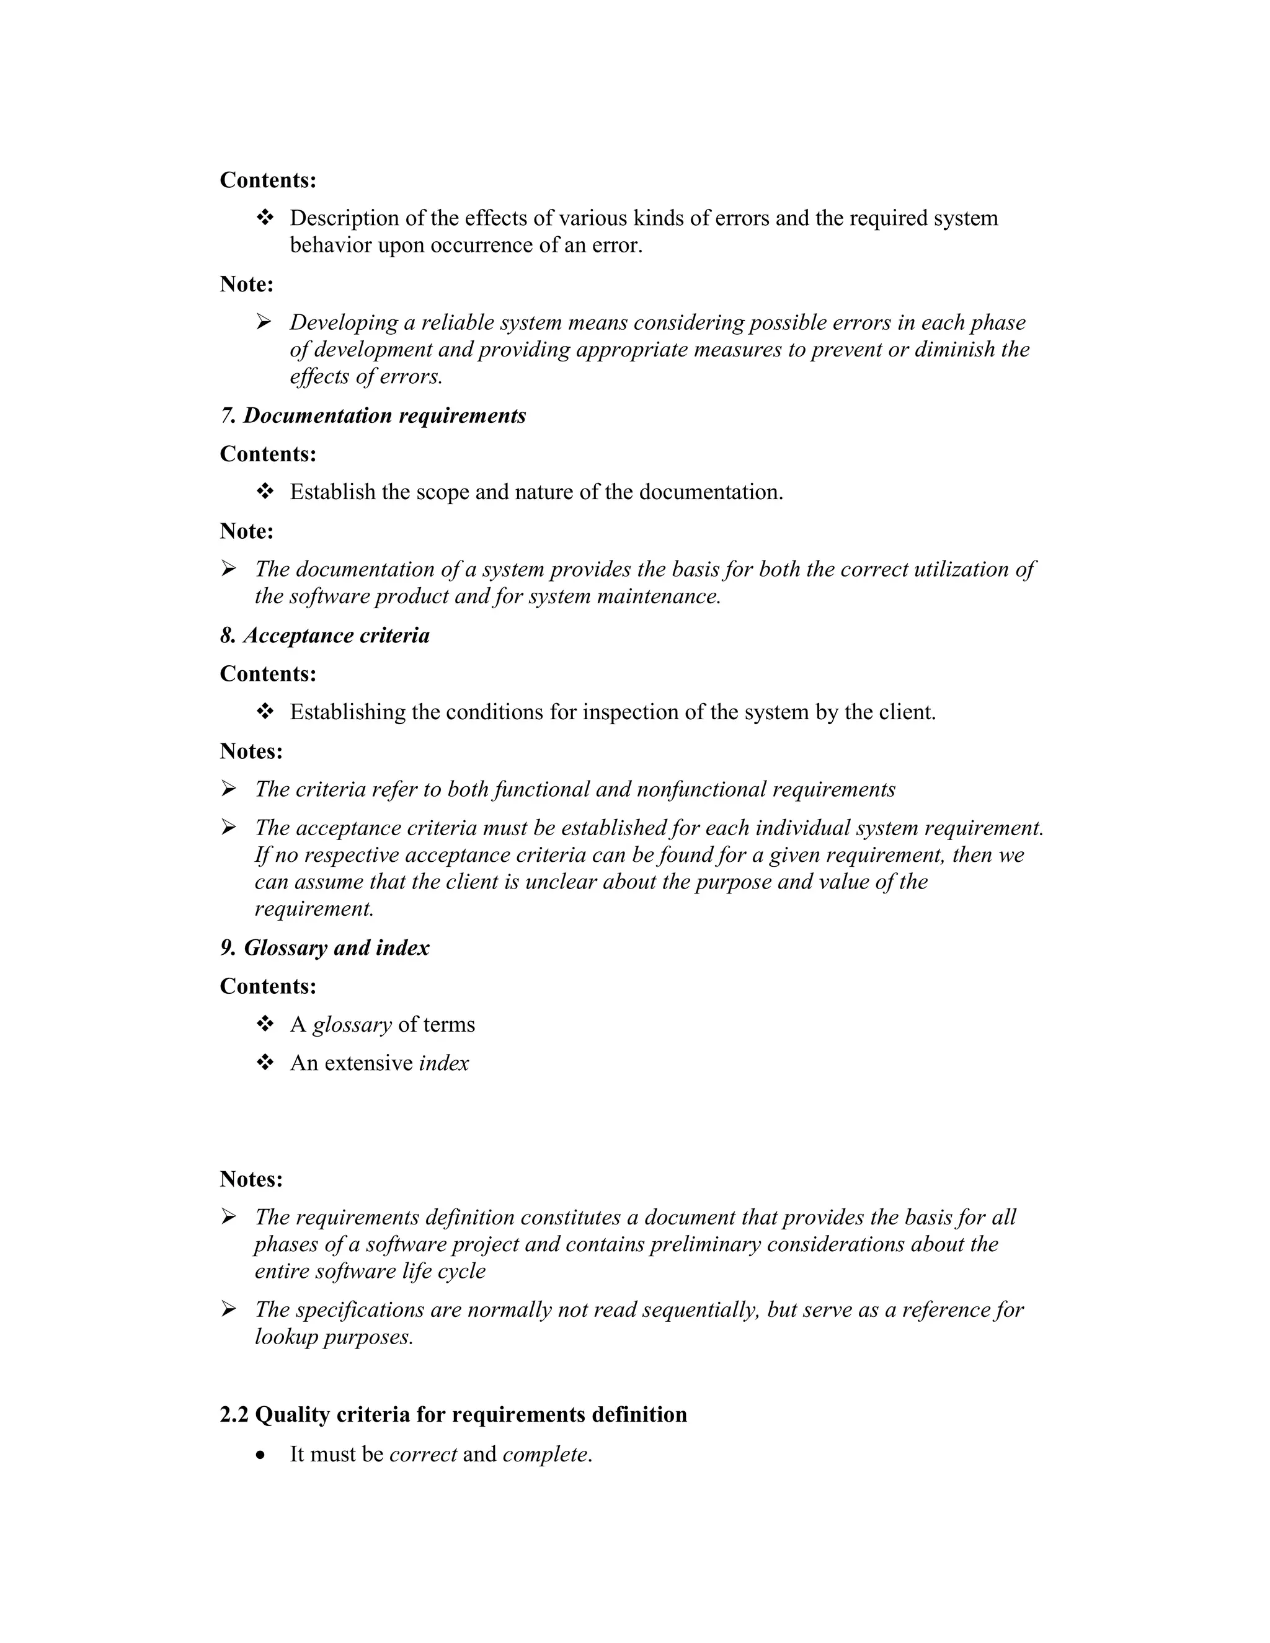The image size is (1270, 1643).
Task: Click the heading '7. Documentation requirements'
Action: [373, 415]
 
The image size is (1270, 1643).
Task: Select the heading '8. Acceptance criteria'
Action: [324, 635]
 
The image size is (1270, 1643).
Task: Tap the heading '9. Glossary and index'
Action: [324, 947]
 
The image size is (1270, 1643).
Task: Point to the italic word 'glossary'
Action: [352, 1025]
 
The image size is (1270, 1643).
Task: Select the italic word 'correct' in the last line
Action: [423, 1453]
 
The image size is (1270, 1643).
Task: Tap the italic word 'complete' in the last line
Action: [546, 1453]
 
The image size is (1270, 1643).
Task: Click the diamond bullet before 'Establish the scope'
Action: [265, 492]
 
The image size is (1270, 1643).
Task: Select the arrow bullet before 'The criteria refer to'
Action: [229, 789]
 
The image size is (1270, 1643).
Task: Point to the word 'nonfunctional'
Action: [701, 789]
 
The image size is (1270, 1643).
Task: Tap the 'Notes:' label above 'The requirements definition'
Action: [251, 1179]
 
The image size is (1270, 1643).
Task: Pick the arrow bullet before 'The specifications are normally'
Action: [229, 1309]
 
